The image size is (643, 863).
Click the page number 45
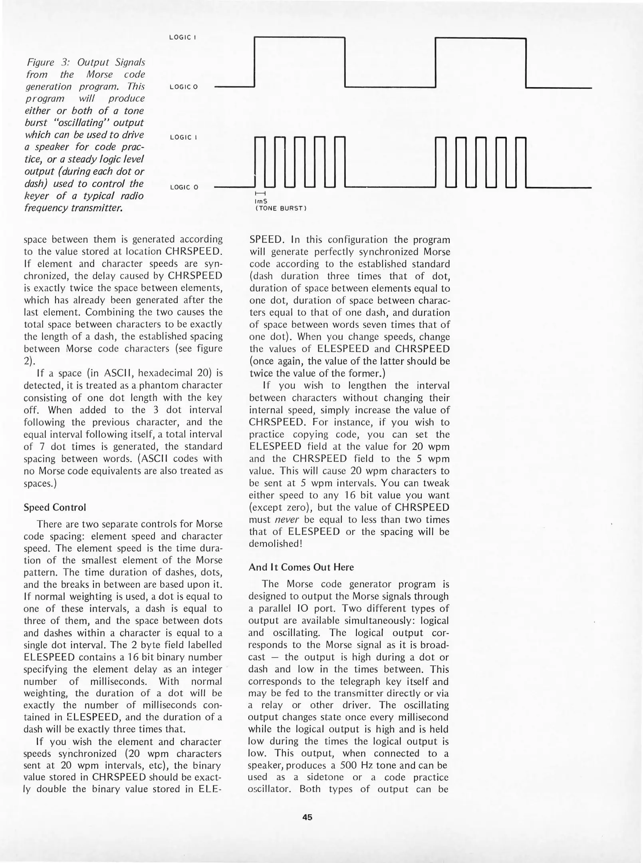(307, 817)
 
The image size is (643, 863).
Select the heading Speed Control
(55, 507)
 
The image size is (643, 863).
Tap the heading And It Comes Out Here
(301, 567)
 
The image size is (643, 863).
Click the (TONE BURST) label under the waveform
(280, 209)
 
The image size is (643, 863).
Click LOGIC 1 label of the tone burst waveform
(183, 137)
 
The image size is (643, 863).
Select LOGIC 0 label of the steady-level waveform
(184, 87)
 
